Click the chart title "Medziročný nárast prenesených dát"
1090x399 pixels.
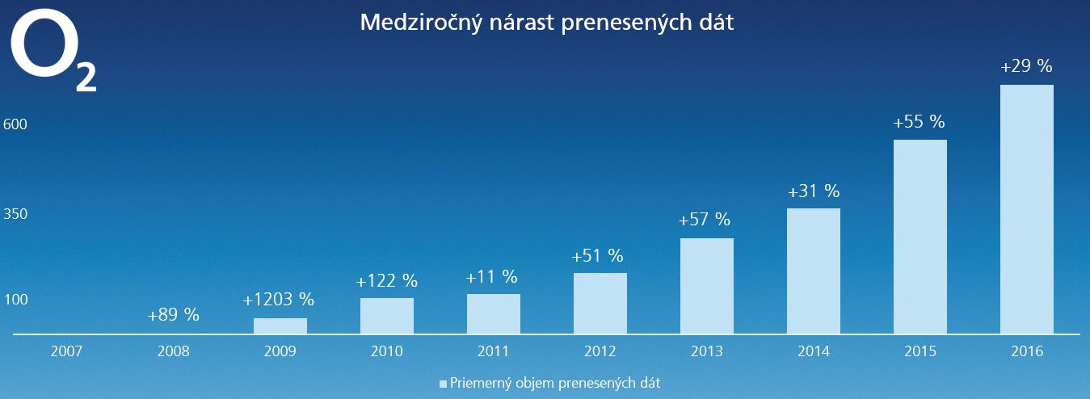[x=546, y=23]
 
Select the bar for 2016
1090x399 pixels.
[x=1026, y=208]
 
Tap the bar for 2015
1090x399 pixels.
[x=920, y=236]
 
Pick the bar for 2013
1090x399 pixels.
[x=706, y=285]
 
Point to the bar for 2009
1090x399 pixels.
[x=280, y=325]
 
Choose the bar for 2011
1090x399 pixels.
[x=493, y=313]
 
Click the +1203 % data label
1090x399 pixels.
[x=279, y=300]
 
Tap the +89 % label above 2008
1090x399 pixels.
[x=173, y=315]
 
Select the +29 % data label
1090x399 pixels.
[x=1026, y=67]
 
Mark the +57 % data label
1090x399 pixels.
[x=705, y=220]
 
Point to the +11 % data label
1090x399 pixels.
[x=491, y=276]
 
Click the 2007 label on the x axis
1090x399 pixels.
[x=67, y=351]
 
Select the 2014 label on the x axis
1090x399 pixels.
[x=813, y=351]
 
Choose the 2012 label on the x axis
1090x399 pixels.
[x=600, y=351]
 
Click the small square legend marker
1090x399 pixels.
[x=443, y=384]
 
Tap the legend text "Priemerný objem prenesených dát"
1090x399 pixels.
[x=555, y=383]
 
